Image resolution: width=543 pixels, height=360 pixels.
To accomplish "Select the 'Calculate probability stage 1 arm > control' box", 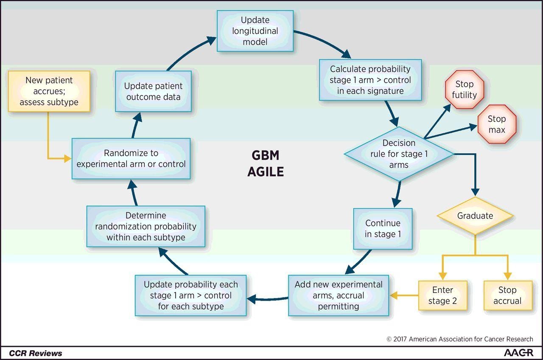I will click(x=370, y=80).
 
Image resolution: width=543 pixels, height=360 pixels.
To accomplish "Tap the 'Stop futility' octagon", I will click(x=464, y=90).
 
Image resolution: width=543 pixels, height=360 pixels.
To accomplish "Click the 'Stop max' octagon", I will click(x=497, y=124).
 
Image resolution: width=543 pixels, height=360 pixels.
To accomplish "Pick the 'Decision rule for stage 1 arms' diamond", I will click(x=399, y=154).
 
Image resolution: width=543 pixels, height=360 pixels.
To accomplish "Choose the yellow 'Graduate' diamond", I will click(x=475, y=216).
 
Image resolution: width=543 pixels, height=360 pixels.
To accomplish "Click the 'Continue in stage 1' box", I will click(x=383, y=228).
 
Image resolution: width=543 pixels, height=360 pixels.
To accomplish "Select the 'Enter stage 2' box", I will click(x=442, y=295).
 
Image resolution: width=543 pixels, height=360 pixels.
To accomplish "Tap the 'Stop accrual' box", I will click(x=507, y=295).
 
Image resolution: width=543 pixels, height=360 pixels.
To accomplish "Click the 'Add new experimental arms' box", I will click(x=339, y=295).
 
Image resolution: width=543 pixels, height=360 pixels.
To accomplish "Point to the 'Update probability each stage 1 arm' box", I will click(x=190, y=295).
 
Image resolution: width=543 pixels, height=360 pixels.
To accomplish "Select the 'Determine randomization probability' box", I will click(x=146, y=226).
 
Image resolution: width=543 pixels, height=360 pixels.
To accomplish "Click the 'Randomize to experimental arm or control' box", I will click(x=131, y=158).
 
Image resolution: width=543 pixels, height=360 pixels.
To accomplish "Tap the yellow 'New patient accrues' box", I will click(x=49, y=91).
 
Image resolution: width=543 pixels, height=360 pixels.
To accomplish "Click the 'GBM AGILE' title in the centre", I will click(x=266, y=163).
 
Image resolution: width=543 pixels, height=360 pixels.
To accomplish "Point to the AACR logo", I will click(x=518, y=353).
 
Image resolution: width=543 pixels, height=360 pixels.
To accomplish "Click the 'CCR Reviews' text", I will click(x=36, y=353).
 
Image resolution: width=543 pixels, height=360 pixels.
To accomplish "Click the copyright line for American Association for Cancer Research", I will click(x=460, y=339).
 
